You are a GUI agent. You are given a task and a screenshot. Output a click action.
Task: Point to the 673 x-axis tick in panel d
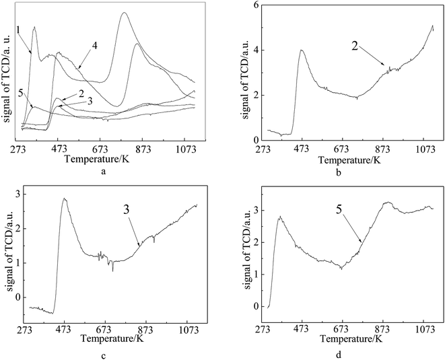(x=342, y=330)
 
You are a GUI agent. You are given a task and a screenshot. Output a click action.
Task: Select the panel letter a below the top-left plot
(x=102, y=172)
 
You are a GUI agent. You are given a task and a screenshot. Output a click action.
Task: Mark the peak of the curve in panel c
(x=64, y=199)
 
